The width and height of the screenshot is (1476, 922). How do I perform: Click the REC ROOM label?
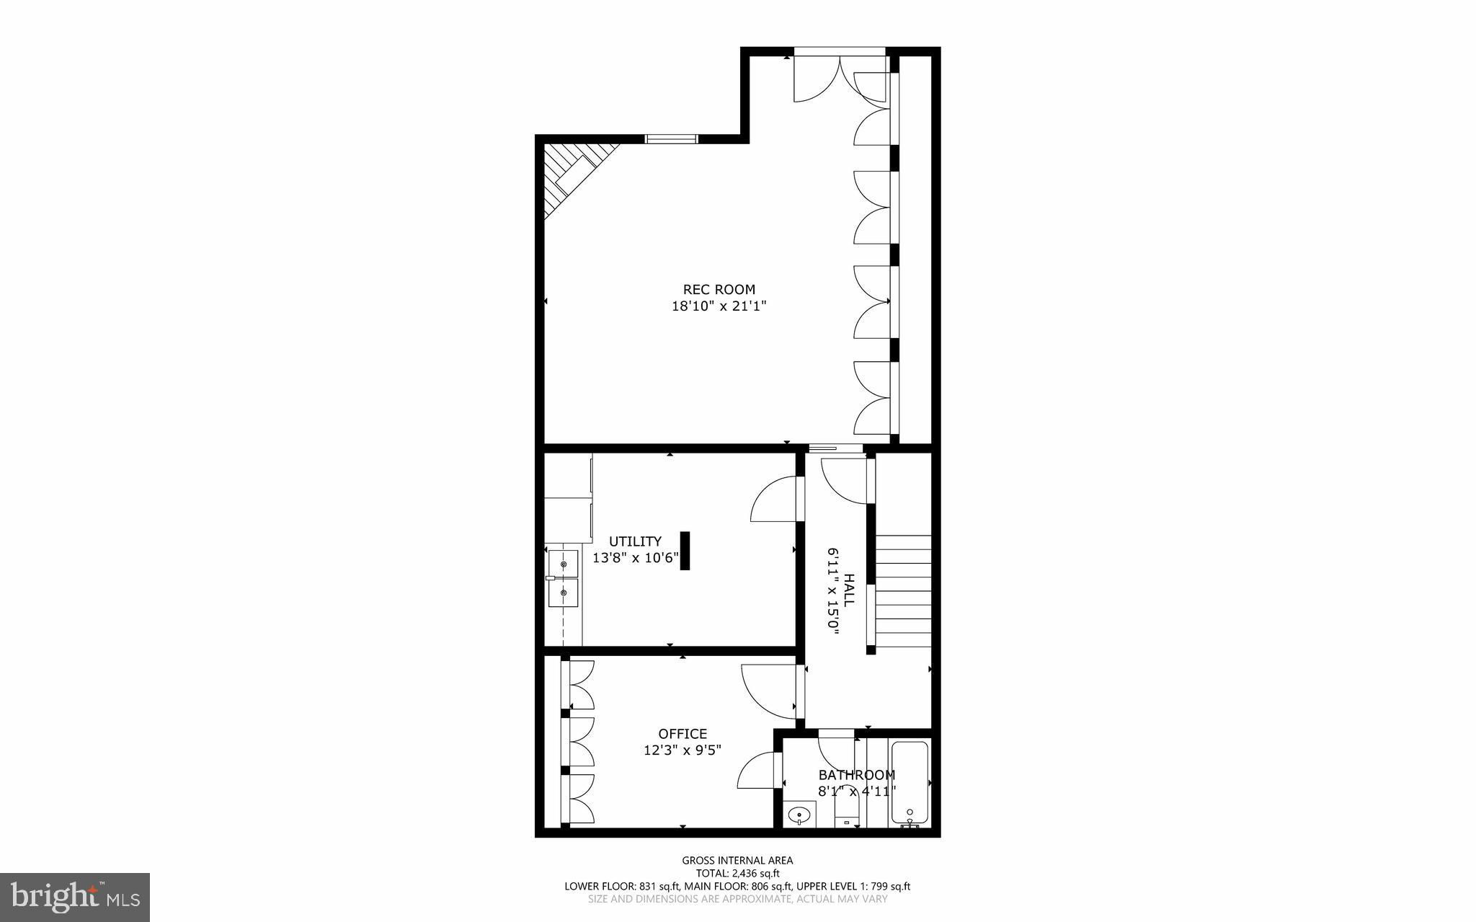click(x=719, y=290)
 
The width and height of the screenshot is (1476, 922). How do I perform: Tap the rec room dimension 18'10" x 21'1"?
click(x=719, y=306)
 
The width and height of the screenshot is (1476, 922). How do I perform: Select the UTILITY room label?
click(x=635, y=541)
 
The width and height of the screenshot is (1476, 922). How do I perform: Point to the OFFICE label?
click(x=683, y=734)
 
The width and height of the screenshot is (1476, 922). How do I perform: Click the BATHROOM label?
click(x=857, y=775)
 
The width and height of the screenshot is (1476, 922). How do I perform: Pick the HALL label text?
click(x=850, y=589)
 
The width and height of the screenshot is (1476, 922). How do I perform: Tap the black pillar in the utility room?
click(x=685, y=551)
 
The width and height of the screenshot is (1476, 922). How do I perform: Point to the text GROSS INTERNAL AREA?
click(x=737, y=860)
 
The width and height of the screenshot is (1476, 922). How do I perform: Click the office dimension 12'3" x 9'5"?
click(x=683, y=750)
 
